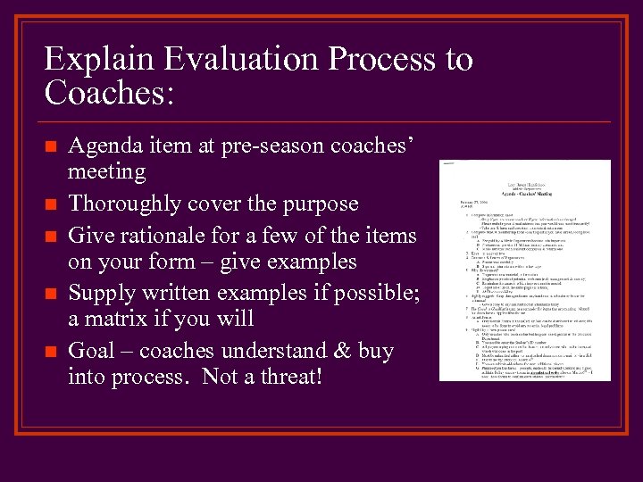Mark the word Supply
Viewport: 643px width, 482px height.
pos(101,292)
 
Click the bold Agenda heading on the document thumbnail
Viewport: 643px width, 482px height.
pos(524,193)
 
